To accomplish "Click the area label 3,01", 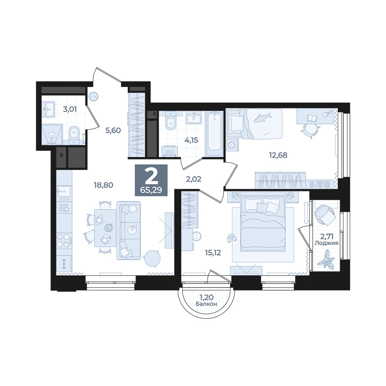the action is [70, 109].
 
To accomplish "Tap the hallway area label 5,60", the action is [113, 130].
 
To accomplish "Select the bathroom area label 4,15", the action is [191, 141].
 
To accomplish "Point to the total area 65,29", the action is [151, 190].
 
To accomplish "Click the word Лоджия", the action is [327, 243].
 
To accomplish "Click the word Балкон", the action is [206, 304].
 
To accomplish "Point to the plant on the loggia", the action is [326, 257].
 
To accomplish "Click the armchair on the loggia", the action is [325, 215].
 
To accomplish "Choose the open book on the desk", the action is [312, 119].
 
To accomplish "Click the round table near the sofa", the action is [152, 258].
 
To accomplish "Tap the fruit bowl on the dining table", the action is [108, 227].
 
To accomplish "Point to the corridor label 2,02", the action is [193, 179].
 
